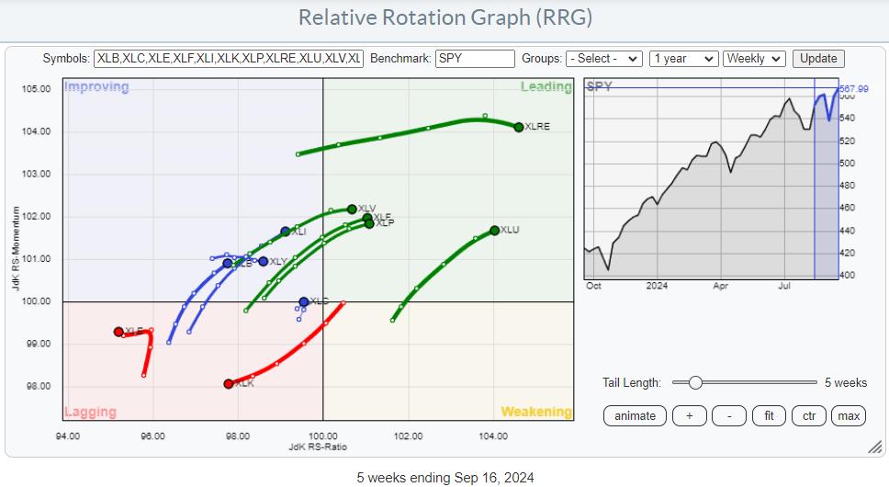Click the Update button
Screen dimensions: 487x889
818,58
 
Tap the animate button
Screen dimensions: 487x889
635,415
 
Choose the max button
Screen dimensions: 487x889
849,415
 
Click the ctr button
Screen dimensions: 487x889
809,415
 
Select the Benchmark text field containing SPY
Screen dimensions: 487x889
475,58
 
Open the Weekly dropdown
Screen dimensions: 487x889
754,58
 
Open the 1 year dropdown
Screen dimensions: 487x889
682,58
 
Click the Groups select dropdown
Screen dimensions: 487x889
604,58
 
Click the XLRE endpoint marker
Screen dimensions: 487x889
519,127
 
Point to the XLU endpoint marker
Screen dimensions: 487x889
495,231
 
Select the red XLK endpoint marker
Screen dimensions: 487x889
229,383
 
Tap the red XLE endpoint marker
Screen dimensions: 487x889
118,332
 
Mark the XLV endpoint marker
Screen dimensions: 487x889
352,209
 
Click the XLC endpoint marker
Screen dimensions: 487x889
304,301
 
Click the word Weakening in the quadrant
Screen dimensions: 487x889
535,412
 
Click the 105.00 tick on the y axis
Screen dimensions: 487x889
37,89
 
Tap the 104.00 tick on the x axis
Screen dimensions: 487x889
493,435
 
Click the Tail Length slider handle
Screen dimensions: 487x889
695,382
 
